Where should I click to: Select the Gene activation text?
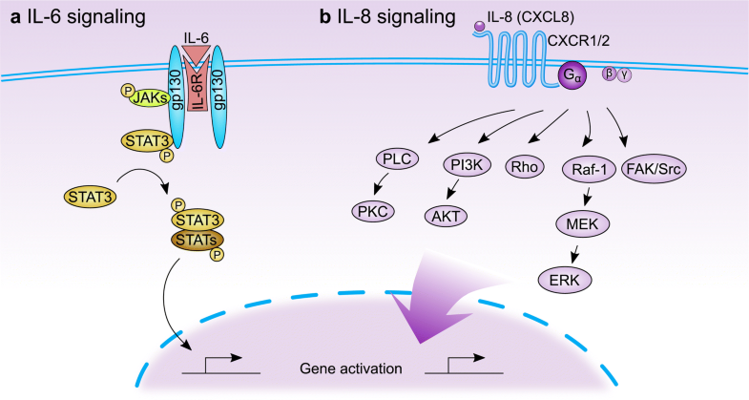(x=323, y=368)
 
